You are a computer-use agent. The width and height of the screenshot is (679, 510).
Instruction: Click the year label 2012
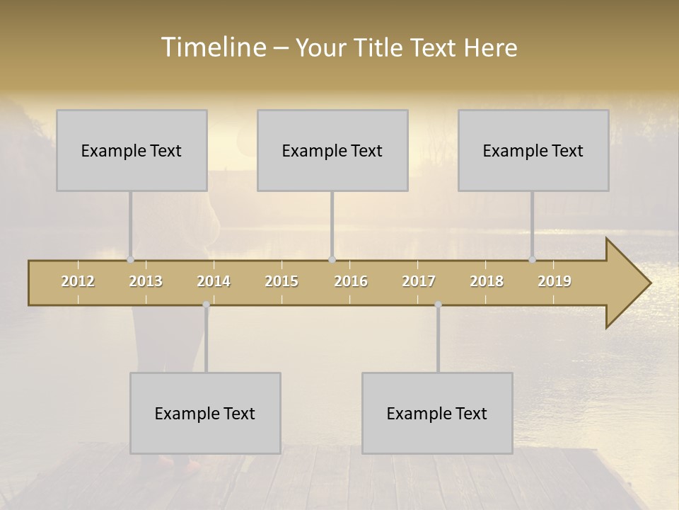coord(78,281)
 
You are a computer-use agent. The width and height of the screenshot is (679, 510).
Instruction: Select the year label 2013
coord(146,281)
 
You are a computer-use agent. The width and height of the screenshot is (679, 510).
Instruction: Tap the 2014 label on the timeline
coord(214,281)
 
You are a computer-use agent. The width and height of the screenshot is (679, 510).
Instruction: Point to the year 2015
coord(282,281)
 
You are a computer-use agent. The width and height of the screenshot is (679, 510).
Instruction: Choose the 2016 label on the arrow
coord(351,281)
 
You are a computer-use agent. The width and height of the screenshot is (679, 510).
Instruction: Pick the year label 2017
coord(419,281)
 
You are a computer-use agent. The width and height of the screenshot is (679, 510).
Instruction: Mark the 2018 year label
coord(487,281)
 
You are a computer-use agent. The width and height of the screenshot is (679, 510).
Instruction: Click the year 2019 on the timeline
coord(555,281)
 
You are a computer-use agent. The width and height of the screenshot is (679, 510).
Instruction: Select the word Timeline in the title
coord(212,47)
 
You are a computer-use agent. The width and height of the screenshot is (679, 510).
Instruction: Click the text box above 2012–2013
coord(132,150)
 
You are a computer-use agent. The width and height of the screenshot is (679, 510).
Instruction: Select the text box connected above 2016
coord(332,150)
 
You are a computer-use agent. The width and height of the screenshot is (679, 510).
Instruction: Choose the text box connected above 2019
coord(533,150)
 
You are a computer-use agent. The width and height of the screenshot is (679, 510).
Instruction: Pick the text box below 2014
coord(205,413)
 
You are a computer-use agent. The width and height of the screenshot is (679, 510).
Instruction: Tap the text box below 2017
coord(437,413)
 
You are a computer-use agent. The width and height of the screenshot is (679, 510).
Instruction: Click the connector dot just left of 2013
coord(130,259)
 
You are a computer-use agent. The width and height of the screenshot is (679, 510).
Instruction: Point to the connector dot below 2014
coord(206,305)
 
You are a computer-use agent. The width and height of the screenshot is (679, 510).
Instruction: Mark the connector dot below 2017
coord(438,305)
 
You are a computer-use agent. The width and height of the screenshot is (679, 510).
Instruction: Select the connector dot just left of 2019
coord(532,259)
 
